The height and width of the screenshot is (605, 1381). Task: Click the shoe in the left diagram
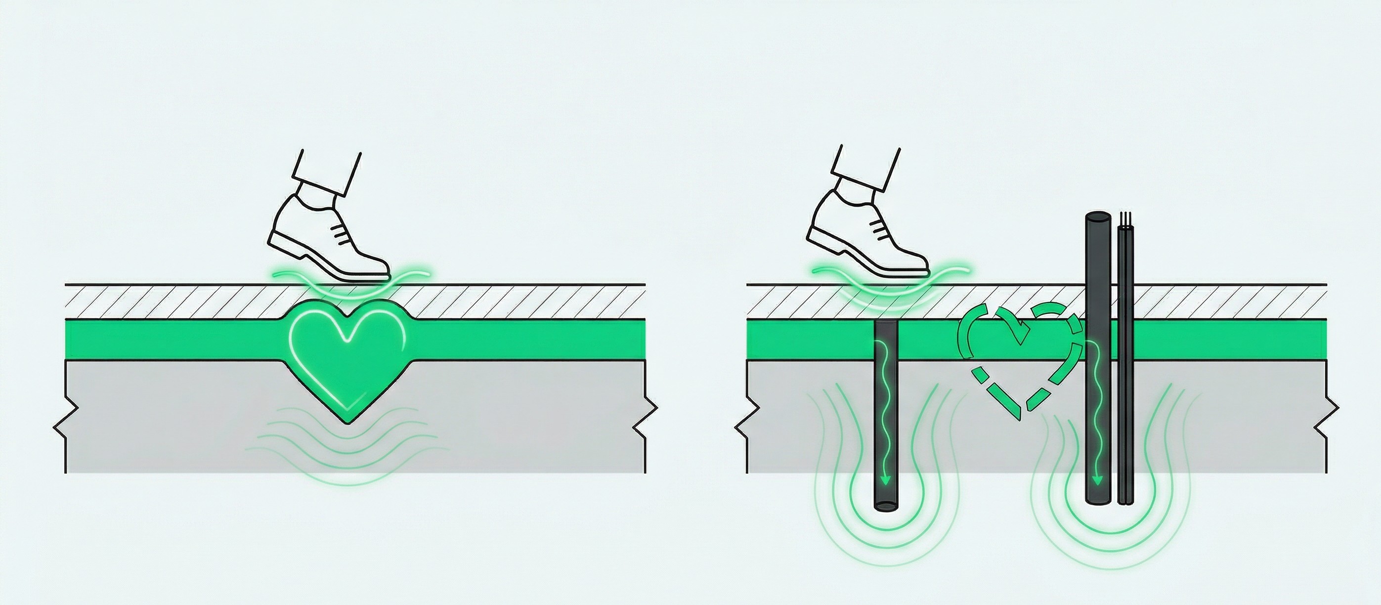click(x=327, y=236)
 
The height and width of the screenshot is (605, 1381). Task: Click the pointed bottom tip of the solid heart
click(x=348, y=424)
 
